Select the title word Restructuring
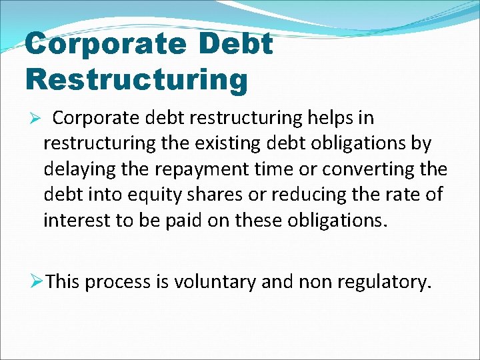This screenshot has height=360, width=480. pyautogui.click(x=136, y=79)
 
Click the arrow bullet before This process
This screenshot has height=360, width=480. pyautogui.click(x=38, y=282)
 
